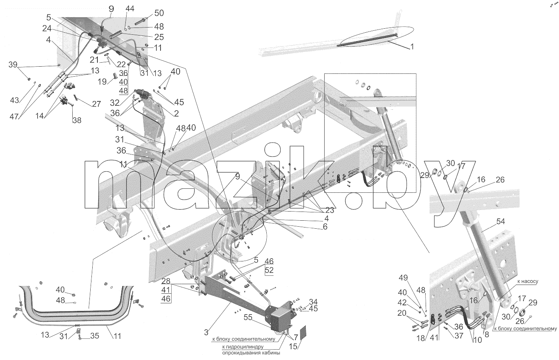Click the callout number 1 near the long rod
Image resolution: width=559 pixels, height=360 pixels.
pyautogui.click(x=412, y=47)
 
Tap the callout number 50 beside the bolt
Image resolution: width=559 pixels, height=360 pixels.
pyautogui.click(x=159, y=13)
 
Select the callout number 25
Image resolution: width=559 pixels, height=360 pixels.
pyautogui.click(x=159, y=37)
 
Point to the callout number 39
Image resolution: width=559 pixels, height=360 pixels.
pyautogui.click(x=13, y=65)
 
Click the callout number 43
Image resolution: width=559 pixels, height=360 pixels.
pyautogui.click(x=14, y=100)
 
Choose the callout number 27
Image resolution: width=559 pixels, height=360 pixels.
pyautogui.click(x=96, y=104)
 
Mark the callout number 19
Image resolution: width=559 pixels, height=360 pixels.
pyautogui.click(x=102, y=81)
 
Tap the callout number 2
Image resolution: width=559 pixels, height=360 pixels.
pyautogui.click(x=176, y=113)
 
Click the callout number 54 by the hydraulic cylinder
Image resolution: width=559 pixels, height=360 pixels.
pyautogui.click(x=500, y=221)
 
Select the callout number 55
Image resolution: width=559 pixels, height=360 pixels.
pyautogui.click(x=248, y=317)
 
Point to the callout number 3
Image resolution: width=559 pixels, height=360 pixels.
pyautogui.click(x=206, y=332)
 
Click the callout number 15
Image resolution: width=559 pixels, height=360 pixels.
pyautogui.click(x=293, y=346)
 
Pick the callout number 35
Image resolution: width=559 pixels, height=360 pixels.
pyautogui.click(x=95, y=336)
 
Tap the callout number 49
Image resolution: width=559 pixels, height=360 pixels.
pyautogui.click(x=403, y=278)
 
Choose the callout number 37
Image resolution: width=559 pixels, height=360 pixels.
pyautogui.click(x=459, y=336)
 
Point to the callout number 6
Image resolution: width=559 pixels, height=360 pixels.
pyautogui.click(x=325, y=227)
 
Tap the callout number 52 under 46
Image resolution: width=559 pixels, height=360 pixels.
pyautogui.click(x=269, y=270)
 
